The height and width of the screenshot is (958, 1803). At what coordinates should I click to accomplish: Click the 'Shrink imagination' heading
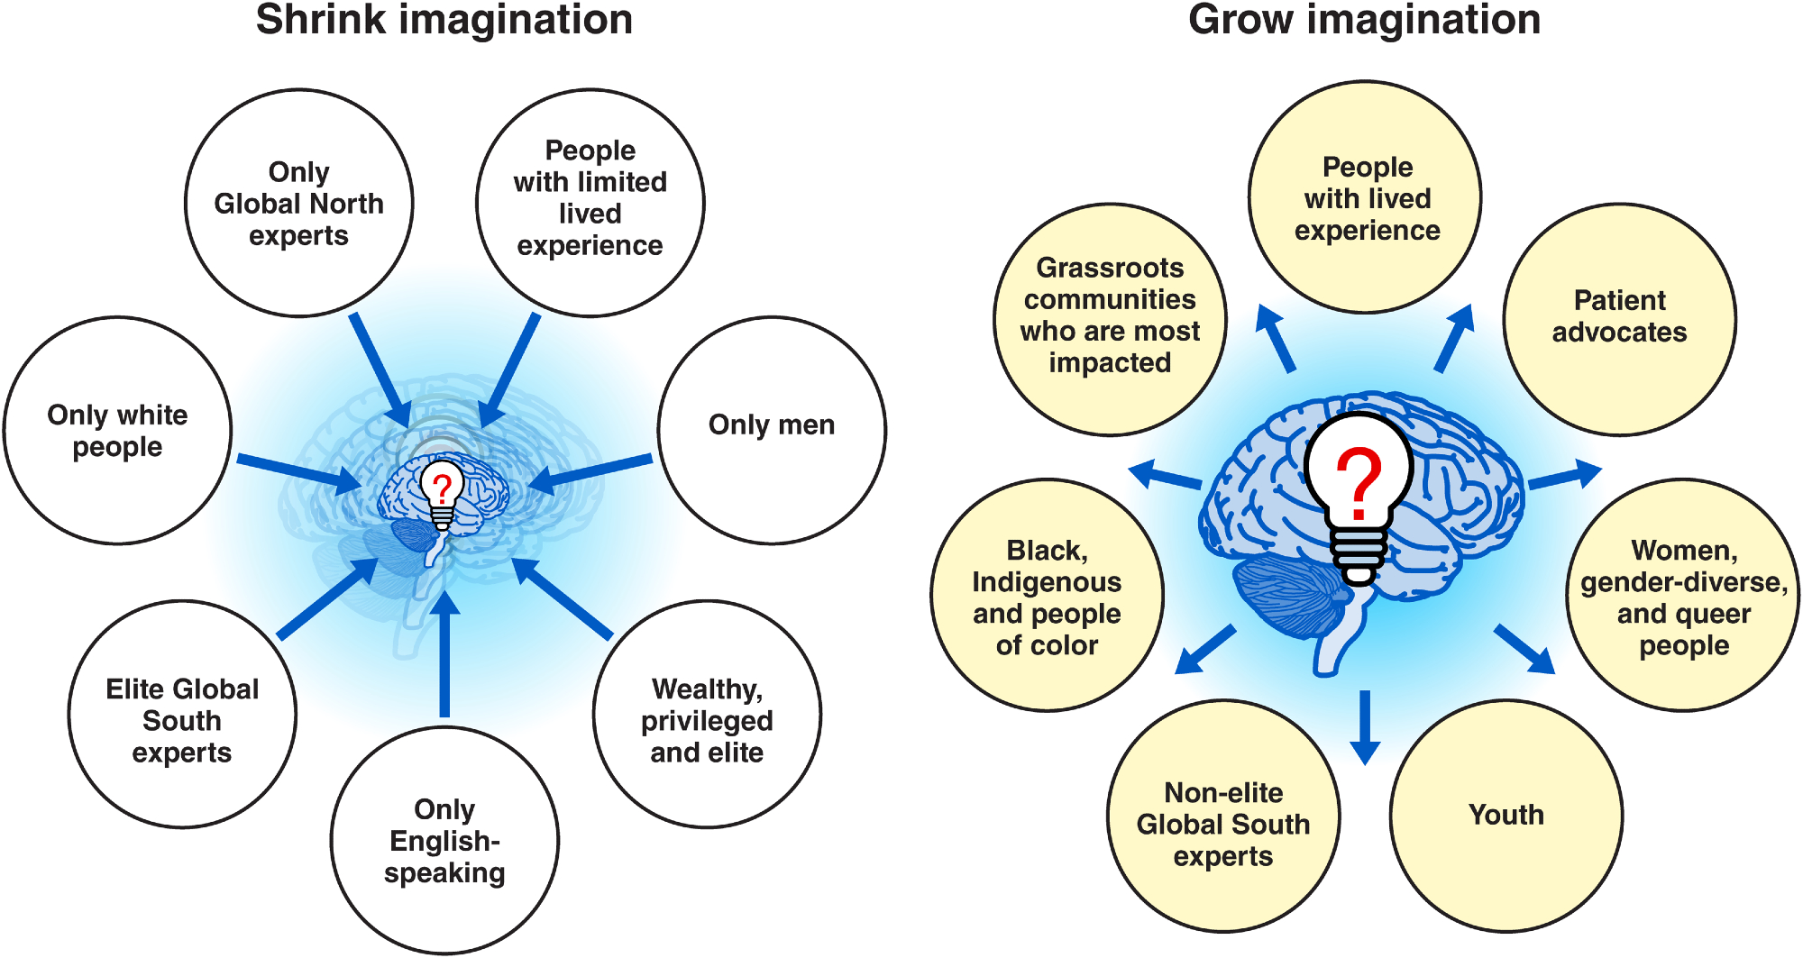point(444,20)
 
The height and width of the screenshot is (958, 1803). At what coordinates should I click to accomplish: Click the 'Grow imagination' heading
point(1364,20)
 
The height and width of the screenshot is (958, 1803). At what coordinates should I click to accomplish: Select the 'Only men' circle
point(772,430)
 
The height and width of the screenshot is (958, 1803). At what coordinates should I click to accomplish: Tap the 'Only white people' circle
point(118,430)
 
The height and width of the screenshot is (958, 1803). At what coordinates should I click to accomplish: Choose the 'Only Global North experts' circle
point(298,203)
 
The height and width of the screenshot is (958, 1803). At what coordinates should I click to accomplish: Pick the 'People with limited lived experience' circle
point(590,202)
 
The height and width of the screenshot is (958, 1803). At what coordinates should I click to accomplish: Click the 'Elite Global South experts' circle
point(182,714)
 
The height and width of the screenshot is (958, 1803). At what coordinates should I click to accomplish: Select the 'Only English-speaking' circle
point(444,840)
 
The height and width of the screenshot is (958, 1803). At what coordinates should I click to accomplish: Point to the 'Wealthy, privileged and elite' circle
point(707,714)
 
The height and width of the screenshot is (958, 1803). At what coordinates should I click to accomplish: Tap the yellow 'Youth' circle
point(1506,816)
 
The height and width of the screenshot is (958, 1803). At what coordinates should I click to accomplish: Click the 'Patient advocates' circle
point(1619,318)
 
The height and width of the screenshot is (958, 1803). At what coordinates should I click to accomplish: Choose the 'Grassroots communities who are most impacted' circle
point(1110,318)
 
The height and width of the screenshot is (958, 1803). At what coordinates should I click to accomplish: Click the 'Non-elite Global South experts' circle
point(1223,816)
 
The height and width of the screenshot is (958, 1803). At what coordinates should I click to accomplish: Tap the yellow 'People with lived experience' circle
point(1366,197)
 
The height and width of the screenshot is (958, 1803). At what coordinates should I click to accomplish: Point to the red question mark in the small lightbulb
point(442,488)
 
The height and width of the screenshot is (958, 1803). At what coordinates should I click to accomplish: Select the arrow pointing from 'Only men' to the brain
point(590,474)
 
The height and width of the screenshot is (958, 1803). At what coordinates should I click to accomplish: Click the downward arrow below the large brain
point(1365,725)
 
